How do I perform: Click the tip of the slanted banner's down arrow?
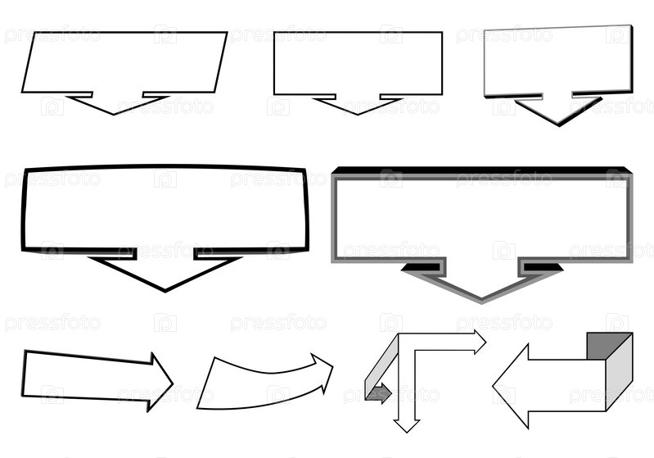click(114, 115)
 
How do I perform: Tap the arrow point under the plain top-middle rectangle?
click(358, 115)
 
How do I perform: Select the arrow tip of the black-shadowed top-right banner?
click(558, 125)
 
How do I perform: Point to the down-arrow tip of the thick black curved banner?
click(165, 291)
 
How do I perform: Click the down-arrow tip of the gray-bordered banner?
click(481, 302)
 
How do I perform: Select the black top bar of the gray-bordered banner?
click(482, 170)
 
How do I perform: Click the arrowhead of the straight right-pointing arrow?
click(160, 382)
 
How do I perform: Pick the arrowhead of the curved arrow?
click(322, 370)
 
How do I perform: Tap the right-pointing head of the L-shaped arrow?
click(480, 342)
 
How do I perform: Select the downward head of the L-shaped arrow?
click(407, 426)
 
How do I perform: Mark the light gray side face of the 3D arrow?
click(620, 372)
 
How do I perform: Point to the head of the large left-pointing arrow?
click(511, 386)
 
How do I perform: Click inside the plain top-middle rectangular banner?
click(358, 63)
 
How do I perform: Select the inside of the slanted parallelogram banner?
click(124, 61)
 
